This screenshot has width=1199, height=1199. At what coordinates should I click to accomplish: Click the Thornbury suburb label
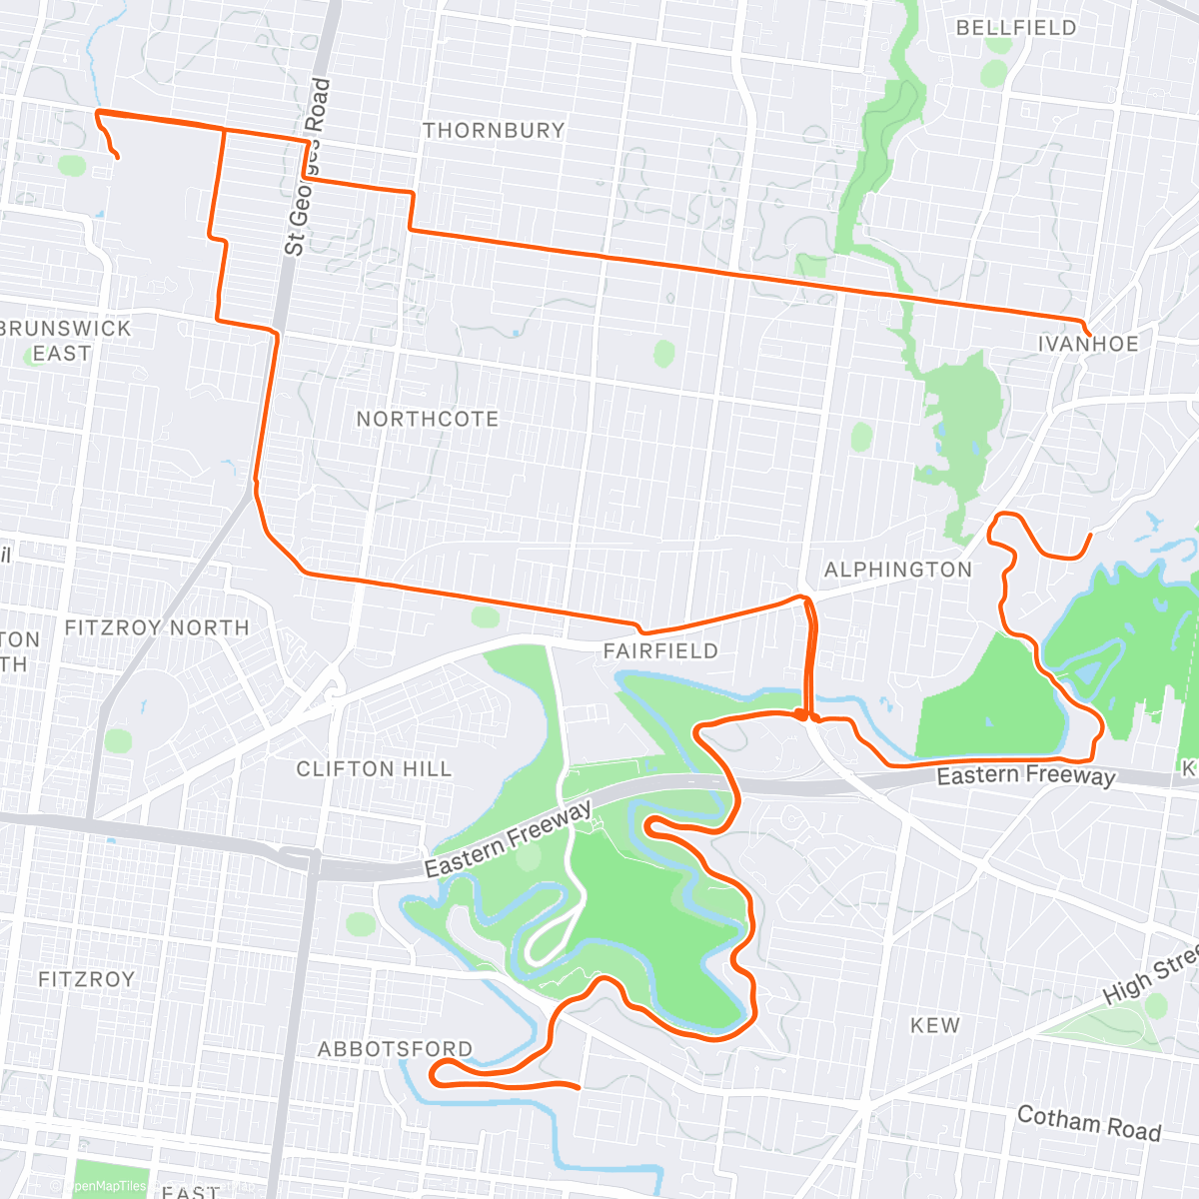pyautogui.click(x=494, y=130)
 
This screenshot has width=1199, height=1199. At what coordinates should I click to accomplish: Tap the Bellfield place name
pyautogui.click(x=1016, y=28)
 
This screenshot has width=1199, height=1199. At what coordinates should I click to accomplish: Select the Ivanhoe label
pyautogui.click(x=1088, y=344)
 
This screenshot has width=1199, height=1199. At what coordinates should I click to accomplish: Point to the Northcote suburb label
pyautogui.click(x=428, y=419)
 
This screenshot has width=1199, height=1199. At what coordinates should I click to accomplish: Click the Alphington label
pyautogui.click(x=897, y=570)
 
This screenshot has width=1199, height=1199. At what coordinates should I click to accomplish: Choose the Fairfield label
pyautogui.click(x=660, y=651)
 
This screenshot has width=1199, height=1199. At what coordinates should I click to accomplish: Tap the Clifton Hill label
pyautogui.click(x=374, y=769)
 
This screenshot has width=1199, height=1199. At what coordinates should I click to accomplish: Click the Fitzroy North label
pyautogui.click(x=157, y=627)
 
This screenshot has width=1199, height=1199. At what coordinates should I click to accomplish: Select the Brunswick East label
pyautogui.click(x=64, y=341)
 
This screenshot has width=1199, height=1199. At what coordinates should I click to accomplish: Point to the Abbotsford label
pyautogui.click(x=395, y=1049)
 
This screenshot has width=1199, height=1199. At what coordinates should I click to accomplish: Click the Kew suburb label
pyautogui.click(x=935, y=1025)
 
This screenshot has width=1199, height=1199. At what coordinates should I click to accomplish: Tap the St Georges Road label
pyautogui.click(x=307, y=167)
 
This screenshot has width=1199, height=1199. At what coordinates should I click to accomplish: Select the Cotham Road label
pyautogui.click(x=1089, y=1123)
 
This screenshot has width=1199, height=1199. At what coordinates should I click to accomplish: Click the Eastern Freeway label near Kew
pyautogui.click(x=1025, y=776)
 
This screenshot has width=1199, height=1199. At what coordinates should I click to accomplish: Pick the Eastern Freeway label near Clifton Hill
pyautogui.click(x=508, y=840)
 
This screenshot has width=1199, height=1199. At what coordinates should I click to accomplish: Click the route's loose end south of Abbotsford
pyautogui.click(x=579, y=1087)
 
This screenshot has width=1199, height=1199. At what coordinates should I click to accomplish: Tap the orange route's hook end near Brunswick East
pyautogui.click(x=119, y=158)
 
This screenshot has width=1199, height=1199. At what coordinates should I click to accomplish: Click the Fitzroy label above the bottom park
pyautogui.click(x=86, y=979)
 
